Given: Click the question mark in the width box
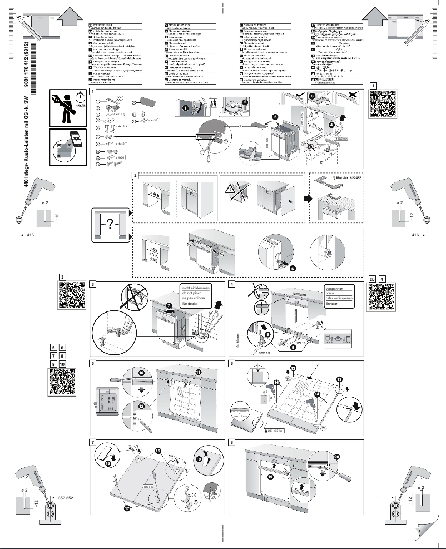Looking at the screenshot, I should coord(110,224).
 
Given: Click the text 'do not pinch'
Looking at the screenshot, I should coord(192,293).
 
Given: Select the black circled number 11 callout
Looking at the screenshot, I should coord(197,371).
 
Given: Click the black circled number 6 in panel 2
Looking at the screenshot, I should coord(293,268).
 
